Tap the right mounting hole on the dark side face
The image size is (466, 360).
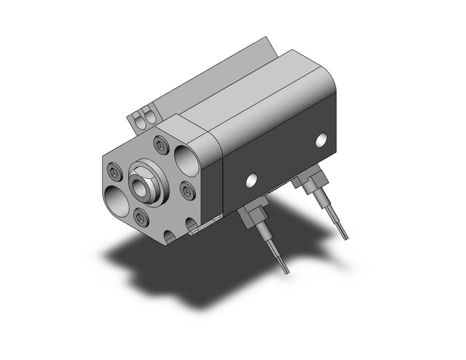point(321,139)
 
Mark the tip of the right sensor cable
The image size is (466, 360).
point(345,236)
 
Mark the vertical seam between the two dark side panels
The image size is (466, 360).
point(221,178)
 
